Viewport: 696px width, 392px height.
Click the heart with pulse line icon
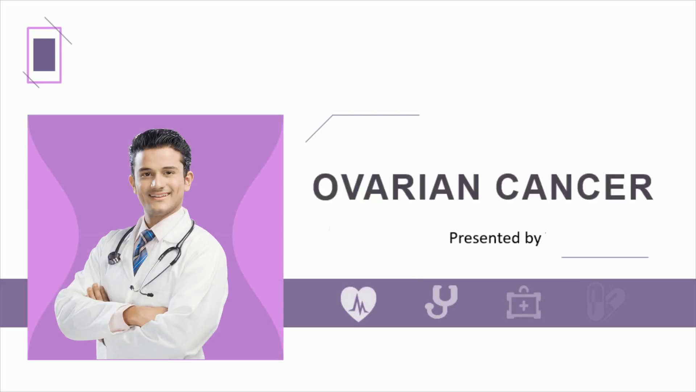(359, 304)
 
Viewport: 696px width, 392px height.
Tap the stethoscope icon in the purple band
(441, 302)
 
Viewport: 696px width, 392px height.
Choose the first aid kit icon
(524, 303)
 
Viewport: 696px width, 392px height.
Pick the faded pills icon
(606, 302)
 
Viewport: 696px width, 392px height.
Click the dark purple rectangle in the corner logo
(44, 55)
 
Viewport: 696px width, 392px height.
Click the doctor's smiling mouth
(160, 196)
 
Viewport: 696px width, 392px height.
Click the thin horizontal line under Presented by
(605, 257)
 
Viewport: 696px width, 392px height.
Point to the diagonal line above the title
(319, 128)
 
